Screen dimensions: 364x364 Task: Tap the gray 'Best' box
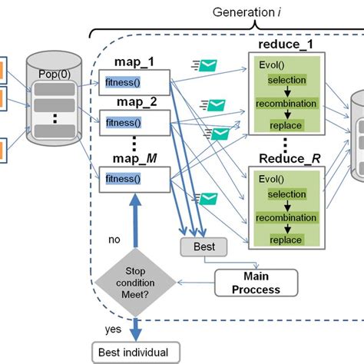[x=203, y=247]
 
